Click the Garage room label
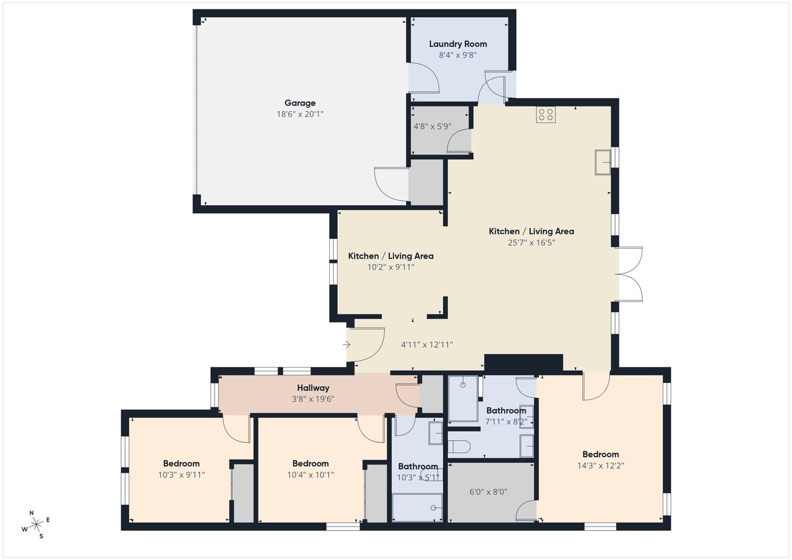click(300, 103)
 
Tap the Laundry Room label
click(458, 44)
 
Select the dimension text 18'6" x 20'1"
click(300, 114)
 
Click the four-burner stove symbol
click(546, 114)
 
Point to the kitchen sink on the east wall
click(603, 162)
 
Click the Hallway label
click(313, 388)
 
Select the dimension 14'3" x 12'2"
click(600, 465)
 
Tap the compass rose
click(36, 525)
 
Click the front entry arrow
click(346, 344)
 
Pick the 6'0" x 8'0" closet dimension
click(488, 492)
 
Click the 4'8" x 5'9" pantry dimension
click(433, 127)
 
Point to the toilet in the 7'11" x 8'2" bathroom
click(459, 447)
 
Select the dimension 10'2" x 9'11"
click(390, 267)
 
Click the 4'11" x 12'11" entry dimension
click(427, 345)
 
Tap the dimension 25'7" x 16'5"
click(531, 243)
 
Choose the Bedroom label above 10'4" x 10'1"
click(311, 463)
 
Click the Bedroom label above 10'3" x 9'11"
click(181, 463)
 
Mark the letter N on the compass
click(32, 513)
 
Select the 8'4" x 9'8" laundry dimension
click(458, 55)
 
